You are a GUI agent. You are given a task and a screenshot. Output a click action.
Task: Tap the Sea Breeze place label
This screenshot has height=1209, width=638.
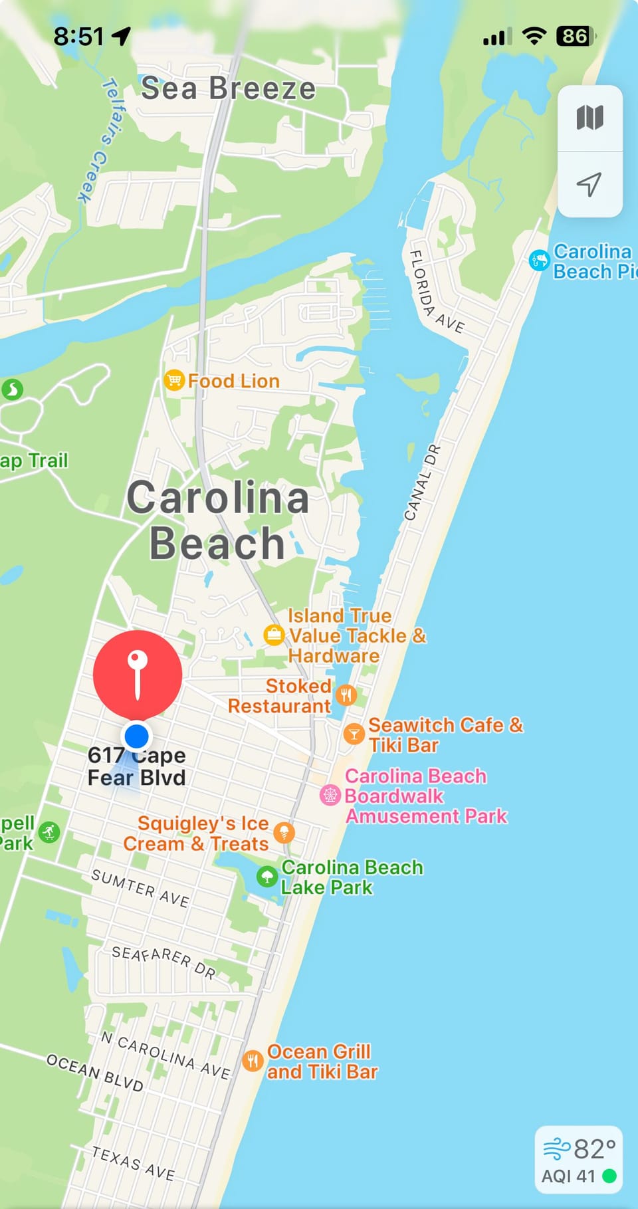coord(228,88)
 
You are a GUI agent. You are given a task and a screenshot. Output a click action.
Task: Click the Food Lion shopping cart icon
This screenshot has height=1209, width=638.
coord(173,380)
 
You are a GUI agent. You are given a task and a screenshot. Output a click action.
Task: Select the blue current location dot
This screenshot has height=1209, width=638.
coord(137,736)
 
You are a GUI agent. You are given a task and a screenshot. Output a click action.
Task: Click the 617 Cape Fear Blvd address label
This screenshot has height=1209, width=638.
coord(137,766)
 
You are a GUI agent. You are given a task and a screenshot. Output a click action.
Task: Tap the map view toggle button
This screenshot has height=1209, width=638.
coord(590,118)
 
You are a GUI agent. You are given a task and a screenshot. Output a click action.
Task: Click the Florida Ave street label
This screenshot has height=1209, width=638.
coord(435,291)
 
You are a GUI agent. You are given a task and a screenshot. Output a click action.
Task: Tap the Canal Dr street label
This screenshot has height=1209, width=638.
coord(422,483)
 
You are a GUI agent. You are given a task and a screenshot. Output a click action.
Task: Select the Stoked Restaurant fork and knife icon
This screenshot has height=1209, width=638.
coord(346,695)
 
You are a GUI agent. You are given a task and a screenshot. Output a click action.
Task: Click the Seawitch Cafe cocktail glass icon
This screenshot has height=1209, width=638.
coord(354,734)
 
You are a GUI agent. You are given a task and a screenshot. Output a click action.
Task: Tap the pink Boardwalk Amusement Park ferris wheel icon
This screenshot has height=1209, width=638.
coord(330,795)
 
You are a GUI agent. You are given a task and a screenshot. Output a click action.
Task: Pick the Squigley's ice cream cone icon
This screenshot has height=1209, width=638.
coord(284,832)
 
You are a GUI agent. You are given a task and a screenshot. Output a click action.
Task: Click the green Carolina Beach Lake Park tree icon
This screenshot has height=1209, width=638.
coord(267,876)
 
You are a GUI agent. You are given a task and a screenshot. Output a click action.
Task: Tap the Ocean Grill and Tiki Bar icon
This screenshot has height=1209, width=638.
coord(253,1061)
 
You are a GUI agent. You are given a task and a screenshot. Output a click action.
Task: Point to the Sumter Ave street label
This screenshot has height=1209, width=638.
coord(140,888)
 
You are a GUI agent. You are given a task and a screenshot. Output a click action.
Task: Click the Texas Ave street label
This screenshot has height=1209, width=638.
coord(134,1163)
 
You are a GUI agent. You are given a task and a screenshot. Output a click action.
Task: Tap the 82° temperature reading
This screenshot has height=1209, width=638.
coord(594,1149)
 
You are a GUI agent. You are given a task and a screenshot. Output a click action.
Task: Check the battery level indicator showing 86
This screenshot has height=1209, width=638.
coord(576,36)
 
